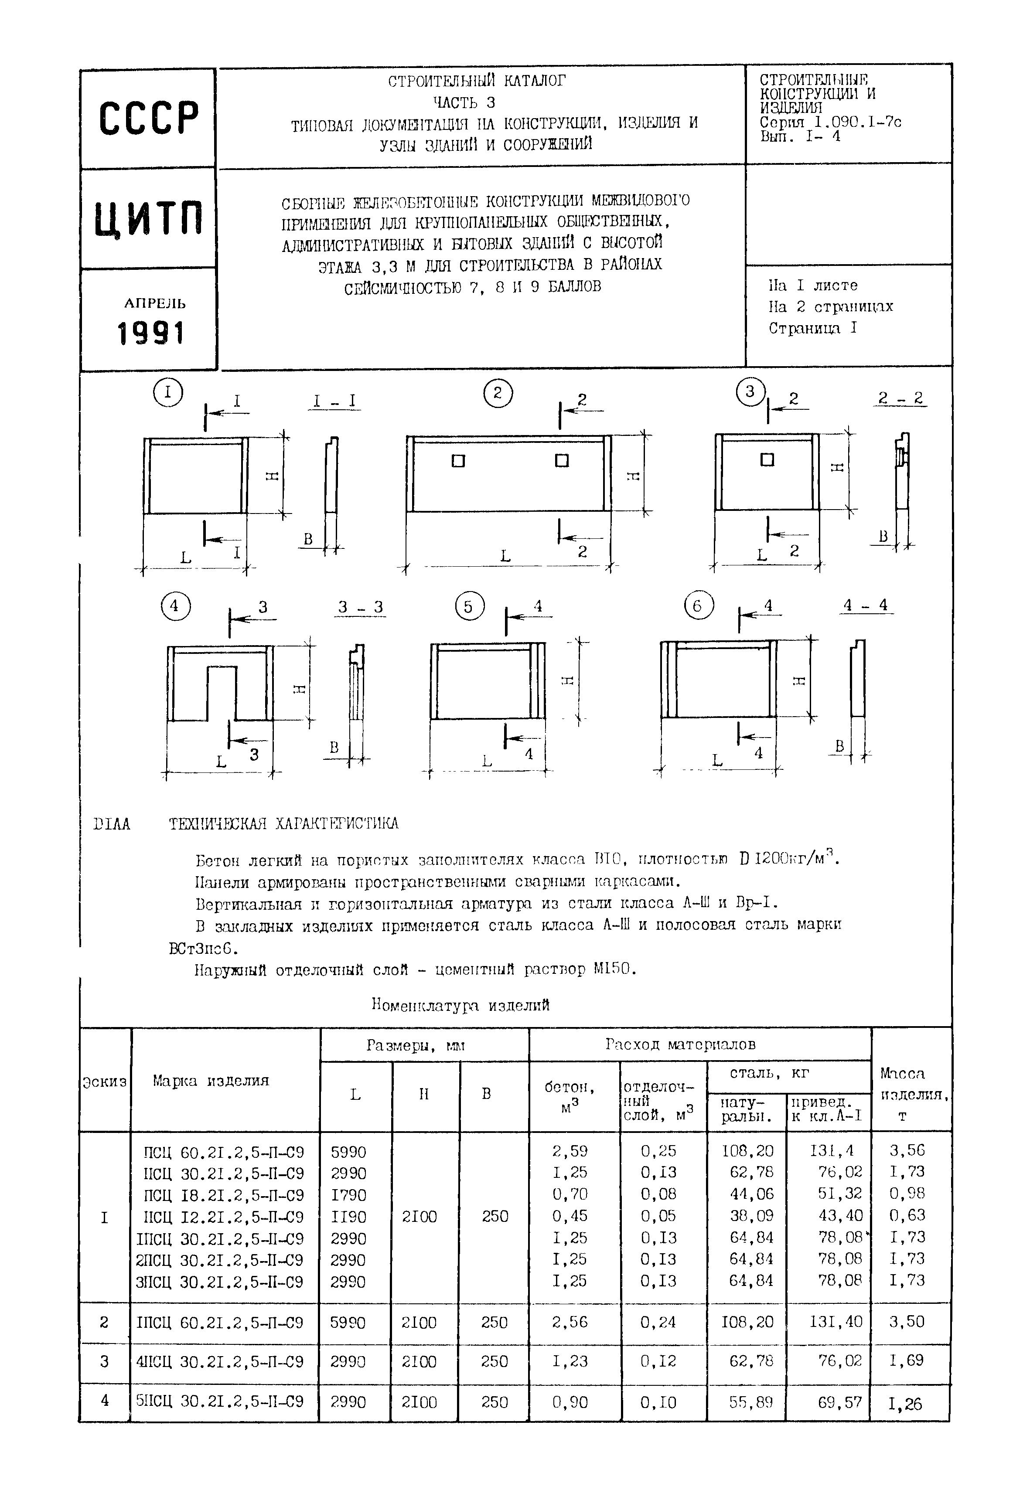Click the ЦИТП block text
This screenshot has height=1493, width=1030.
click(x=149, y=218)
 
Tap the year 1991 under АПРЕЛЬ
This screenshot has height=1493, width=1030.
click(x=151, y=333)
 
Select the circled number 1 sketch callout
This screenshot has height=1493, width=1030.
click(x=168, y=392)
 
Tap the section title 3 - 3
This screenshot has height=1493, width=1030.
click(x=360, y=607)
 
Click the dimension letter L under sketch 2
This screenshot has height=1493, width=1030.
click(x=505, y=555)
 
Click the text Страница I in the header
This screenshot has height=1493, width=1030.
click(x=812, y=328)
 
